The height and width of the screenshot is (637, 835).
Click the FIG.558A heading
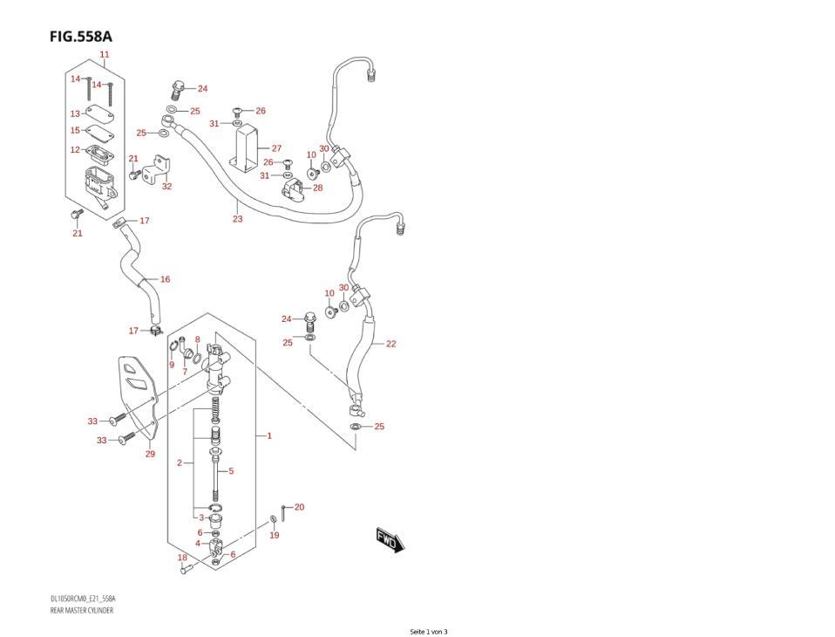point(81,37)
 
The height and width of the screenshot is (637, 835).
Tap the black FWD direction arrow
point(390,540)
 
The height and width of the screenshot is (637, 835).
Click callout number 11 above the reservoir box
point(105,55)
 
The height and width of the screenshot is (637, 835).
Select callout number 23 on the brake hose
point(237,219)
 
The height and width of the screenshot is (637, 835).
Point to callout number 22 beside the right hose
point(390,344)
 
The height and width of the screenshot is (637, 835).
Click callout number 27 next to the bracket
point(276,148)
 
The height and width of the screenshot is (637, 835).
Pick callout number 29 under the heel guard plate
point(150,454)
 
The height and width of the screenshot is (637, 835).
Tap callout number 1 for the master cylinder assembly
point(269,435)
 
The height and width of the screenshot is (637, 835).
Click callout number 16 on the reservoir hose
point(165,279)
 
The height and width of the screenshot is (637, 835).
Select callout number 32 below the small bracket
point(166,186)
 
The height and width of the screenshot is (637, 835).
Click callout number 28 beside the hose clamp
point(317,188)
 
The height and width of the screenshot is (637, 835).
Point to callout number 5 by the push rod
point(231,471)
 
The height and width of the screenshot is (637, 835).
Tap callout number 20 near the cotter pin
point(299,507)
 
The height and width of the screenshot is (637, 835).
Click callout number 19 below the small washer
point(274,535)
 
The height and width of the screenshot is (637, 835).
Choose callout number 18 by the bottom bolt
point(182,558)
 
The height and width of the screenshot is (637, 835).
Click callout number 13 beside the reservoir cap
point(76,113)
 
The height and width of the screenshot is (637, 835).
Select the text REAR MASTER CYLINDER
point(82,611)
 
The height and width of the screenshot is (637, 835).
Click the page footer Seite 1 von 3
point(428,632)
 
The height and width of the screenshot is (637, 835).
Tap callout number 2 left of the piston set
point(180,462)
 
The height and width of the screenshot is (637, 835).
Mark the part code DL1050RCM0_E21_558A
point(83,599)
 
